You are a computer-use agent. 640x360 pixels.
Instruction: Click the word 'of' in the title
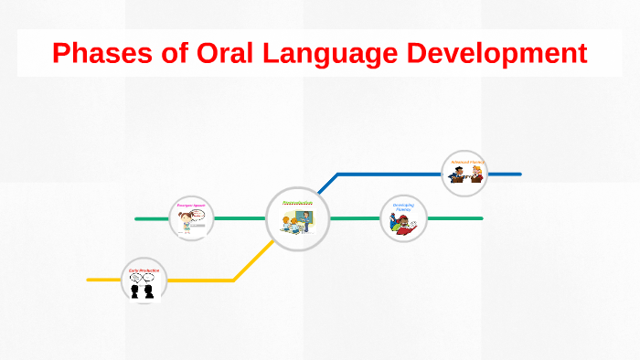[175, 53]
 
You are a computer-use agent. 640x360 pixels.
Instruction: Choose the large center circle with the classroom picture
[297, 218]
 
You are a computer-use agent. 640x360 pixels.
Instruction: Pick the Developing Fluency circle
[403, 218]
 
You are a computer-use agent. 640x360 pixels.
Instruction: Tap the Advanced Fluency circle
[464, 173]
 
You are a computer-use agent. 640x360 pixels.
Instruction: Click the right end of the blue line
[519, 173]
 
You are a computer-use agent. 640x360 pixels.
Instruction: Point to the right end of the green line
[481, 218]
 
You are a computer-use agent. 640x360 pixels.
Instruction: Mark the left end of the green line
[136, 218]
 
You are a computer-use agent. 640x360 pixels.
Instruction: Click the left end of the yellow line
[89, 280]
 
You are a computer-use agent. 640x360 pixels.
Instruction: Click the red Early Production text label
[144, 270]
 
